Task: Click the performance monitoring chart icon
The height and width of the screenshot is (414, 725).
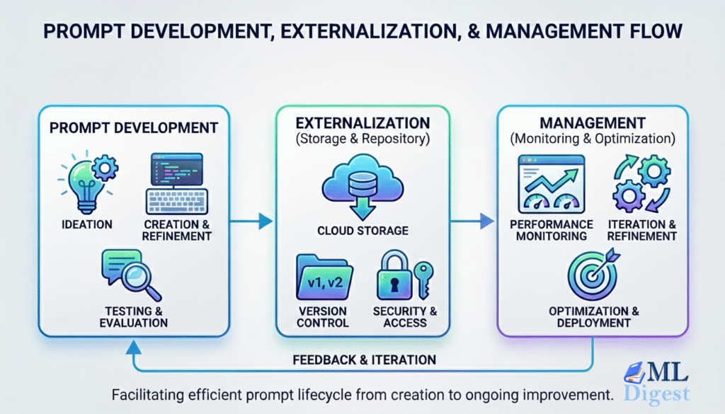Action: tap(551, 183)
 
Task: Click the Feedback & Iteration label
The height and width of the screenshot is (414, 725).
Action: tap(365, 359)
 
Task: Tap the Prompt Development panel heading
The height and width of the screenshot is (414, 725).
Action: tap(133, 127)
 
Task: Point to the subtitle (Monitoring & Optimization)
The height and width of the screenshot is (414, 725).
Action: tap(593, 139)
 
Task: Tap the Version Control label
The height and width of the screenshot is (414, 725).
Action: tap(322, 316)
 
